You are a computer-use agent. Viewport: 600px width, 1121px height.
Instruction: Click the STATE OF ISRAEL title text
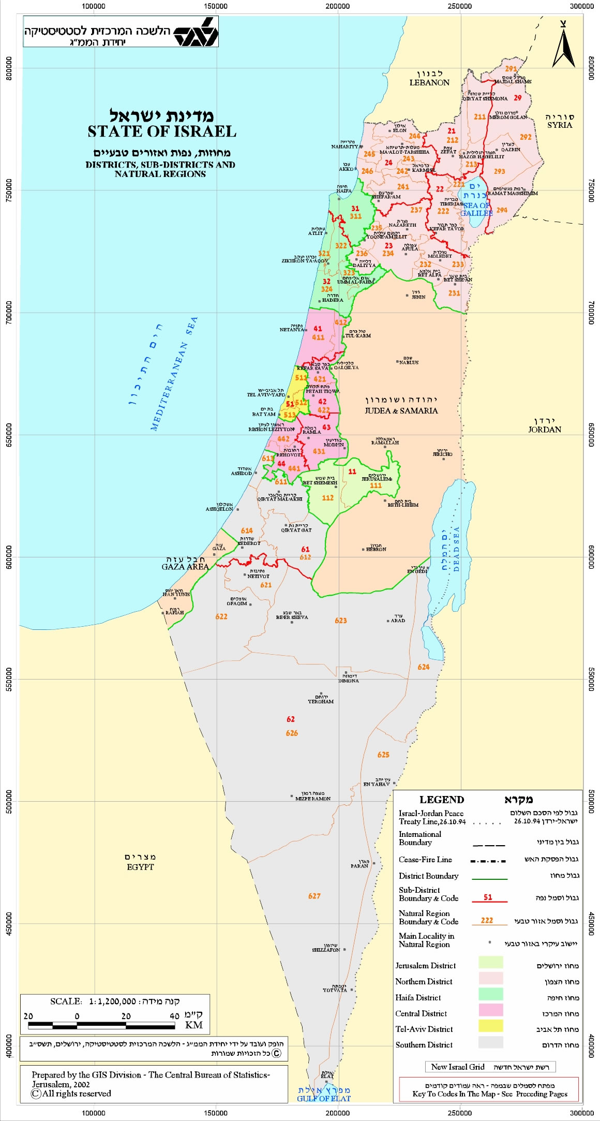[161, 131]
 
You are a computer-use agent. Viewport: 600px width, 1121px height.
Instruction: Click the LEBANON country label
[429, 82]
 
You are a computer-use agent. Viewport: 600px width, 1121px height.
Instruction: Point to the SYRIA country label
[560, 125]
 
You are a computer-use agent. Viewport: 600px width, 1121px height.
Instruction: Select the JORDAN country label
[544, 429]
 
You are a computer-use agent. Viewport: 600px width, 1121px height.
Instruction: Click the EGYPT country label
[140, 867]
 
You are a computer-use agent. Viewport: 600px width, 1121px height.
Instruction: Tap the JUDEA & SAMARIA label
[401, 410]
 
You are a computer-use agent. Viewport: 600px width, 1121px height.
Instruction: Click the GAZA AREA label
[185, 567]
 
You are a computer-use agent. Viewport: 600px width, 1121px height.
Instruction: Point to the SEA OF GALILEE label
[476, 209]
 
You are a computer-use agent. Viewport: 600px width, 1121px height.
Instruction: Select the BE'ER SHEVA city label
[292, 617]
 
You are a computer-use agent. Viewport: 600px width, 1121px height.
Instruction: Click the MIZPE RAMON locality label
[312, 799]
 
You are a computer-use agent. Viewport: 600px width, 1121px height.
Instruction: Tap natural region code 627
[314, 896]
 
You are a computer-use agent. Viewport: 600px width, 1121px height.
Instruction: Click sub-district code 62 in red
[291, 719]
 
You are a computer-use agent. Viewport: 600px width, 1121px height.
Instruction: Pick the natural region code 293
[499, 171]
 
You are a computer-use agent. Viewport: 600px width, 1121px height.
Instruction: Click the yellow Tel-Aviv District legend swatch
[490, 1025]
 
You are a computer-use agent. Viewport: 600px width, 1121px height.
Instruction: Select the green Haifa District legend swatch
[490, 994]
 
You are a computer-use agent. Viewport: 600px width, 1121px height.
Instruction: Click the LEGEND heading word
[441, 800]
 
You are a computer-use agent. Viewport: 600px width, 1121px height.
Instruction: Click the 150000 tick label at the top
[216, 6]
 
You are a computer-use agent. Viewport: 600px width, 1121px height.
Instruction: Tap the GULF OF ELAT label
[323, 1098]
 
